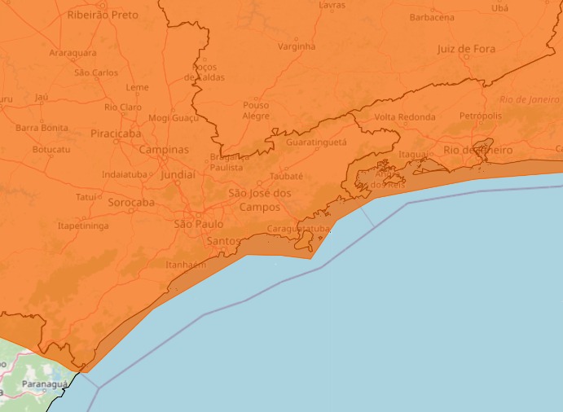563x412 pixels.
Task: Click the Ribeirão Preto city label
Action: point(103,15)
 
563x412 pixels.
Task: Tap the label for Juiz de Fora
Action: point(466,49)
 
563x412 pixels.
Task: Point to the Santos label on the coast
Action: point(223,241)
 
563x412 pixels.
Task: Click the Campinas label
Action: point(164,150)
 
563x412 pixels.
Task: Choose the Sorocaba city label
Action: point(131,202)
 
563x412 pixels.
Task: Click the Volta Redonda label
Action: point(405,116)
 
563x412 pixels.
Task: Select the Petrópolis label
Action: point(481,116)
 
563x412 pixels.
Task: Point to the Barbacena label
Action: point(432,17)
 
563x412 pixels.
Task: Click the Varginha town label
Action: point(297,46)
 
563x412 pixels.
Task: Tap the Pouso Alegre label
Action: point(256,110)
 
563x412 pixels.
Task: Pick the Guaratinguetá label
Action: point(317,142)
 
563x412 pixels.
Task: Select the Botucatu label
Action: point(51,150)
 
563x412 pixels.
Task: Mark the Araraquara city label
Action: point(73,53)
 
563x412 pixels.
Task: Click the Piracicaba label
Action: point(116,133)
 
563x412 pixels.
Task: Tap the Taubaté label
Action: point(286,175)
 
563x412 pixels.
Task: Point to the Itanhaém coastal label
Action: point(186,265)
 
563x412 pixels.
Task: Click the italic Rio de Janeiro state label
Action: point(530,99)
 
